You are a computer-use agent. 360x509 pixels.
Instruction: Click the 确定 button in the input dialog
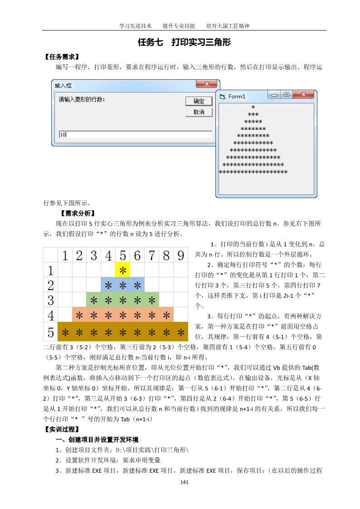coord(199,101)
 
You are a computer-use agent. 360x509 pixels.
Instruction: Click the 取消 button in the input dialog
coord(199,112)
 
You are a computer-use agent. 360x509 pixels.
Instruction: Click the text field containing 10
coord(135,135)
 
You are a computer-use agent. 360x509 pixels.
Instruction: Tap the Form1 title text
coord(237,97)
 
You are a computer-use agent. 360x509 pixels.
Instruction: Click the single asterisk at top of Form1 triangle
coord(253,108)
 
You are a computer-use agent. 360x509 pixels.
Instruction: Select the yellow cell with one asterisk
coord(122,271)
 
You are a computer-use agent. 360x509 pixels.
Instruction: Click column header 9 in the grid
coord(180,256)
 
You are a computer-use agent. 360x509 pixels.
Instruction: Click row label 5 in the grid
coord(51,332)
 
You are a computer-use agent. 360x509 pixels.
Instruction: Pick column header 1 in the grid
coord(65,256)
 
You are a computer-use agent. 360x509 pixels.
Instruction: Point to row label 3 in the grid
coord(51,300)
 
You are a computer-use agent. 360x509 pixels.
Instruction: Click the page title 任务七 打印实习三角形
coord(184,43)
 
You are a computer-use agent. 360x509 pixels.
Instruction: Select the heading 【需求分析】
coord(77,213)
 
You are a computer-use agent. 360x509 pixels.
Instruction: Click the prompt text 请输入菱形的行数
coord(82,99)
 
